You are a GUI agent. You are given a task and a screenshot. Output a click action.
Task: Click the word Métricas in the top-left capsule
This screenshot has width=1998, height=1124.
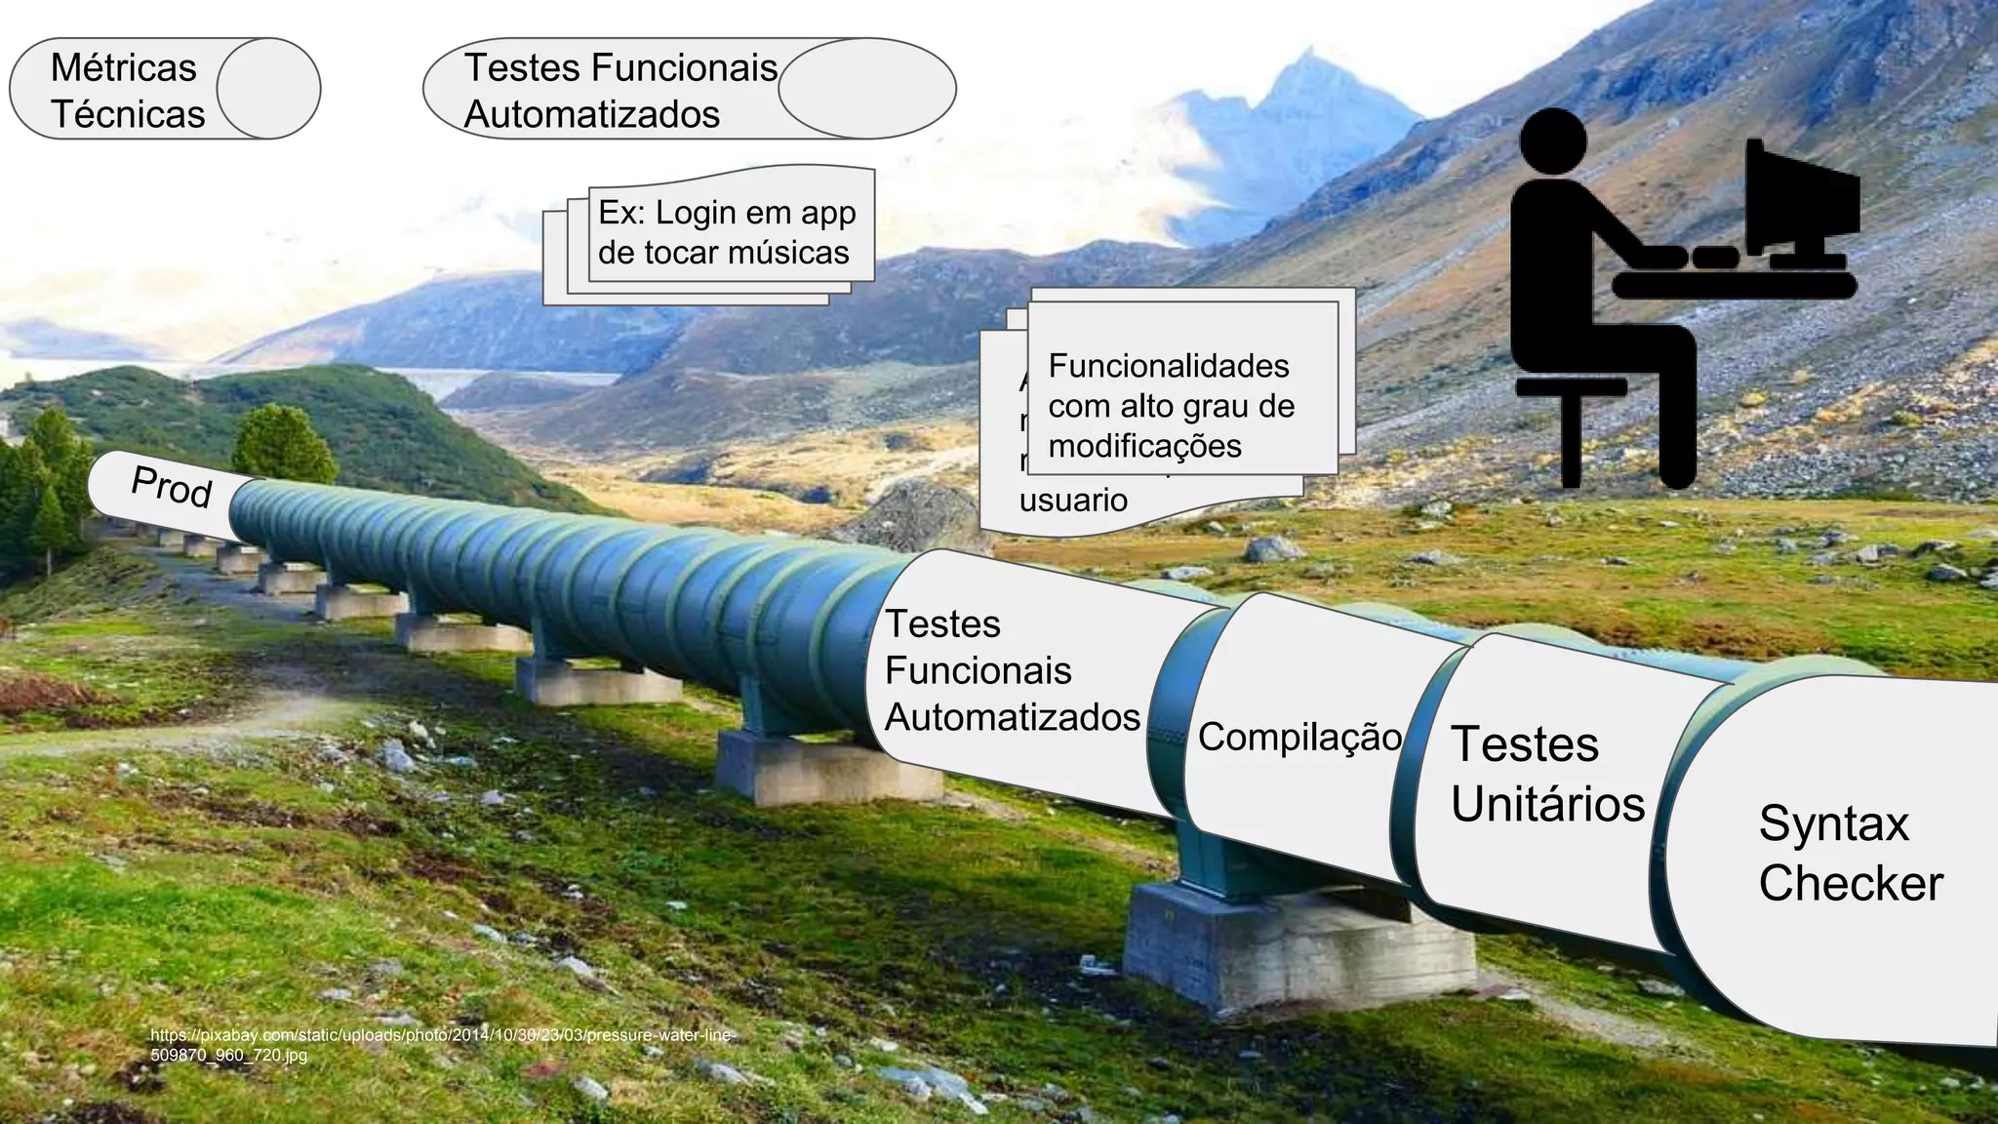[123, 68]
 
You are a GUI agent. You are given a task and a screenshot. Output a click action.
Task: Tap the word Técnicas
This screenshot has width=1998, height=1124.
[128, 114]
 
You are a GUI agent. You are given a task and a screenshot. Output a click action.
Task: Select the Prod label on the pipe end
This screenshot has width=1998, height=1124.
[171, 486]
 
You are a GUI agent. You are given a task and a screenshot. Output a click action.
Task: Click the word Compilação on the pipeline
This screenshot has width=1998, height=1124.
[1299, 738]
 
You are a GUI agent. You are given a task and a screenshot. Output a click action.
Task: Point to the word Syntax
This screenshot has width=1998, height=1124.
[1833, 823]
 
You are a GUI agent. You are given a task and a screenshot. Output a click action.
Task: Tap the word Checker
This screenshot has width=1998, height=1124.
[1850, 883]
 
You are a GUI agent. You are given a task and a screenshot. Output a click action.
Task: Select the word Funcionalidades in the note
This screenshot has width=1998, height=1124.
[1168, 366]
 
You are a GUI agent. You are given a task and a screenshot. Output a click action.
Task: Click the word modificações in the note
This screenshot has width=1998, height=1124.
[1144, 447]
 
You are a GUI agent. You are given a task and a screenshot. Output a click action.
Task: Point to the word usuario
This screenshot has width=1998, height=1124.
[1073, 501]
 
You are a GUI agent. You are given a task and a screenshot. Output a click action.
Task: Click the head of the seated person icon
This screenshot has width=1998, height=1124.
[1552, 142]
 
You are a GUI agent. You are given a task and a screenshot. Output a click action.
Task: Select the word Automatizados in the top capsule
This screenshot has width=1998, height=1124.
[591, 114]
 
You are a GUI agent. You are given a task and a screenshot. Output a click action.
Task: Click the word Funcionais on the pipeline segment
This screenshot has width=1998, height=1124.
[978, 671]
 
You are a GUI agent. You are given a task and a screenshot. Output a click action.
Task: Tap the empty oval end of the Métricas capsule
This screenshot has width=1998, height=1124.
[267, 89]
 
